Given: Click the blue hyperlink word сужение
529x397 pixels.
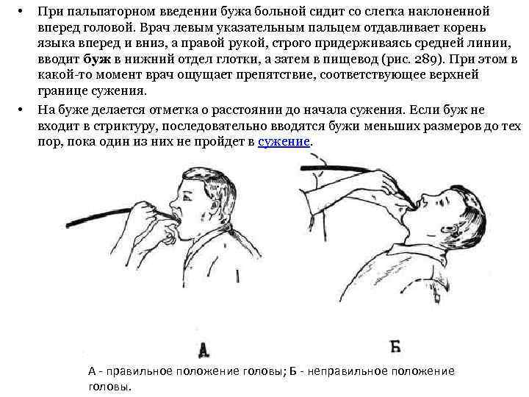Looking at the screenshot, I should [284, 142].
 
